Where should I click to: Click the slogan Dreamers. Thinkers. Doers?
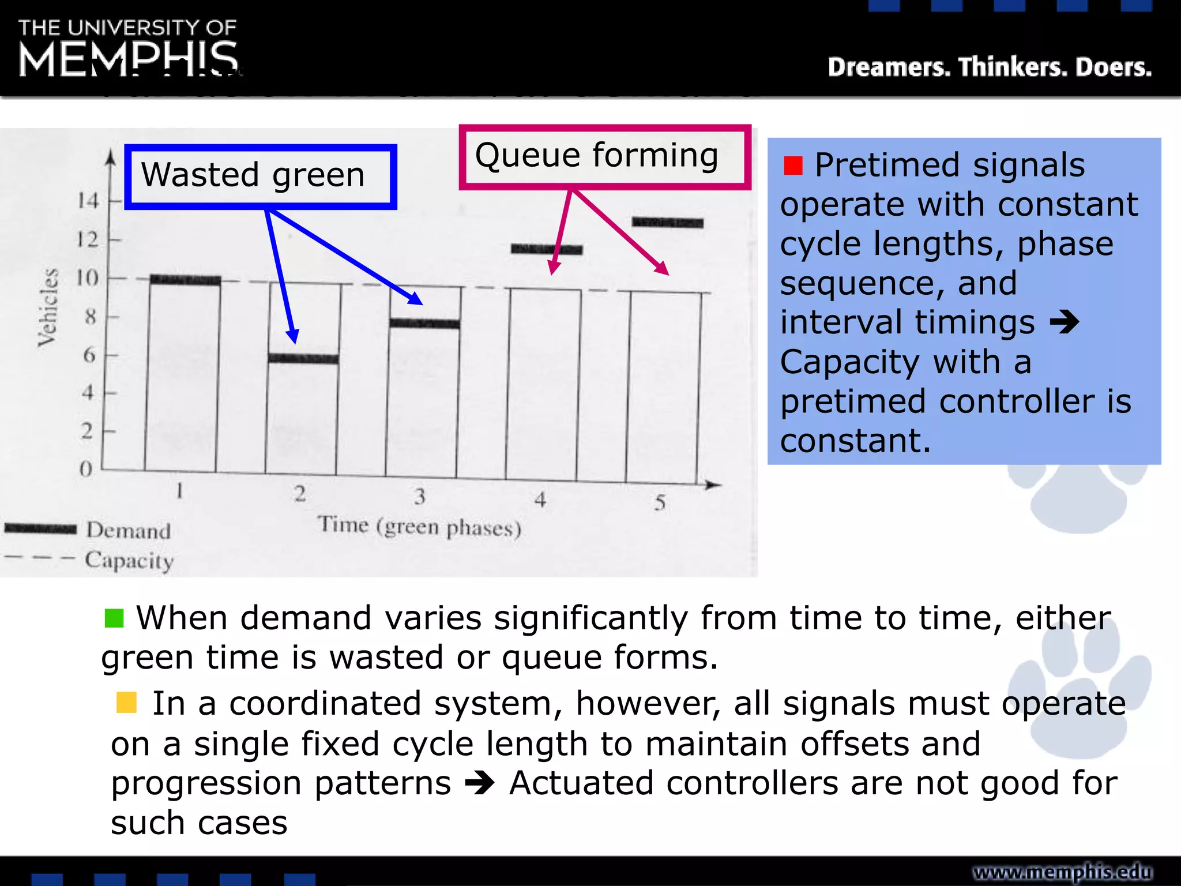point(990,67)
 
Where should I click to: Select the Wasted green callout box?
point(261,176)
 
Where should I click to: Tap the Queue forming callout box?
point(604,156)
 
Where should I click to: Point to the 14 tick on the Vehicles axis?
point(88,201)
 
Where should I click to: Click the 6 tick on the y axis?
point(89,355)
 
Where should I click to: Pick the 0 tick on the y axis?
point(86,469)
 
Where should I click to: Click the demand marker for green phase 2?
point(304,359)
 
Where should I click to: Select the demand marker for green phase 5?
point(668,223)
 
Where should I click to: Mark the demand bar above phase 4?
point(547,249)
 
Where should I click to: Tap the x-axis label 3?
point(420,497)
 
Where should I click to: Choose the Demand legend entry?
point(86,530)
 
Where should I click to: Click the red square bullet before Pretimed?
point(793,166)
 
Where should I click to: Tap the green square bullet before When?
point(114,618)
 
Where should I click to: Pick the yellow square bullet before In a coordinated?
point(126,703)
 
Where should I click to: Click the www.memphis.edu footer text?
point(1062,872)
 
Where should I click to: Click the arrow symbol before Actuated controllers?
point(480,783)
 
